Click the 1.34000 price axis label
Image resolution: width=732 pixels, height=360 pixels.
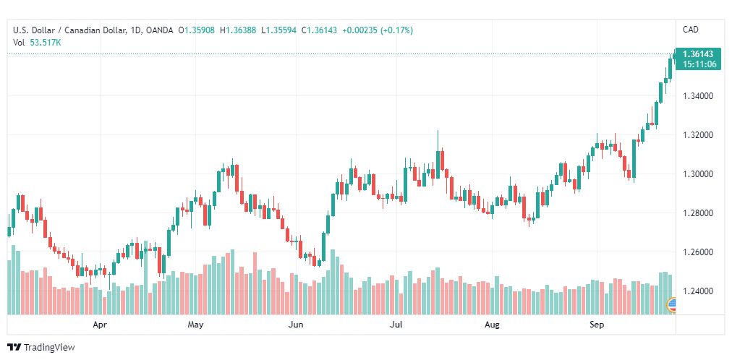(x=697, y=96)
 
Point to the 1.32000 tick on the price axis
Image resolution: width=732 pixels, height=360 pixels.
(x=697, y=135)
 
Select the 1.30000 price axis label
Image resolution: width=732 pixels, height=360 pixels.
(x=697, y=174)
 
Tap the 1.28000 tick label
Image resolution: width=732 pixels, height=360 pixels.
(x=697, y=213)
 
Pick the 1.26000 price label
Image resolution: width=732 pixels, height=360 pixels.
(x=697, y=252)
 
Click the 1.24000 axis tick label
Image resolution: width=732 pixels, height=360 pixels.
(x=697, y=291)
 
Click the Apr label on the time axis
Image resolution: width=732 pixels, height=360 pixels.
(x=100, y=325)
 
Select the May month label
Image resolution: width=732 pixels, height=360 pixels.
(x=195, y=325)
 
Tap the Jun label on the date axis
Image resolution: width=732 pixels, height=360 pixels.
(x=296, y=325)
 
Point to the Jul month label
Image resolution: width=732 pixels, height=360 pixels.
(x=396, y=325)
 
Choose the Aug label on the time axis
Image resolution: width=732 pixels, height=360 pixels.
(x=492, y=325)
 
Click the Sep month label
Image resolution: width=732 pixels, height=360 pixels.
(x=597, y=325)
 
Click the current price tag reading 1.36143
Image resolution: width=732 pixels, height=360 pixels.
(x=698, y=54)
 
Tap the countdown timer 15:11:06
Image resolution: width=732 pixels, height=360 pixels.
(x=699, y=64)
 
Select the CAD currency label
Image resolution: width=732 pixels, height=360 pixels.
(x=691, y=30)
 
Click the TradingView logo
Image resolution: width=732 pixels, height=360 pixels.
(x=41, y=348)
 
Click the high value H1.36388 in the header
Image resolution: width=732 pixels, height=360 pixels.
(x=238, y=30)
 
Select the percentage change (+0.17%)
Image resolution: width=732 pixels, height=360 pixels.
(x=396, y=30)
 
